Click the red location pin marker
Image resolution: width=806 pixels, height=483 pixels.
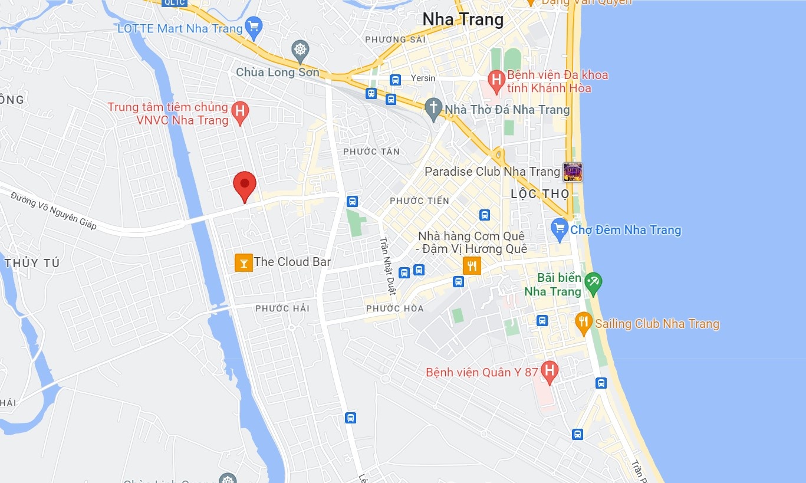coord(244,184)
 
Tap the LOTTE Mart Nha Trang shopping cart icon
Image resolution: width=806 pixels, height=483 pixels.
coord(254,27)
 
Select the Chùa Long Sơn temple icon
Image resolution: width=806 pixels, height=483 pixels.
coord(301,50)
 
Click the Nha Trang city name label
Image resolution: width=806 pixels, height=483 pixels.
coord(463,19)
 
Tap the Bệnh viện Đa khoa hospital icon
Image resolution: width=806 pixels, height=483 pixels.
coord(496,80)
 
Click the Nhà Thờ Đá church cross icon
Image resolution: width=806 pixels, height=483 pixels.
coord(434,109)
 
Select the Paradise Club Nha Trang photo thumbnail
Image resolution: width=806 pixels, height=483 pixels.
coord(573,172)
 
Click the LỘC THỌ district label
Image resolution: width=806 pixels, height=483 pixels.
coord(540,194)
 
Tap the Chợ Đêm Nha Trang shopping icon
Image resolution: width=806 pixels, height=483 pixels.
coord(560,229)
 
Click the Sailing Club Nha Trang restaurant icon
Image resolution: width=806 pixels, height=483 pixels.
coord(583,322)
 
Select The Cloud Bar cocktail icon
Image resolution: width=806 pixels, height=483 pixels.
coord(244,262)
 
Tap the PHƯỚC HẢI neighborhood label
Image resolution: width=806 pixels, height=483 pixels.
coord(282,308)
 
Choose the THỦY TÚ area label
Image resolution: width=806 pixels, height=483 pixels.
coord(32,264)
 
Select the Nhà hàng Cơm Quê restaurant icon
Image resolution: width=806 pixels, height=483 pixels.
coord(472,266)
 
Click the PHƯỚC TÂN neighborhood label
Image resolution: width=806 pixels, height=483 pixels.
coord(371,152)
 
